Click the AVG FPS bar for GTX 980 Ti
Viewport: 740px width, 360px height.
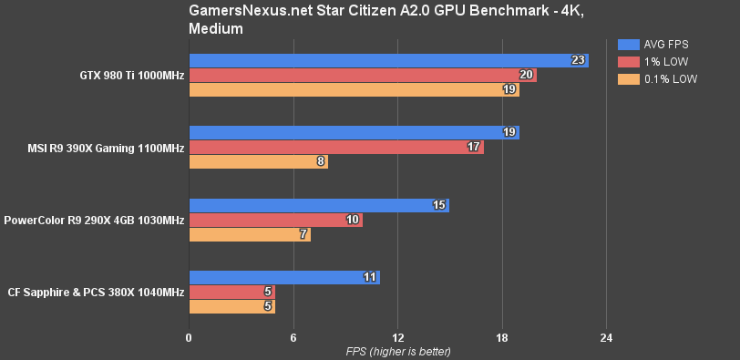[x=388, y=60]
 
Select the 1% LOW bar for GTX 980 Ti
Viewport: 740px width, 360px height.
[x=362, y=75]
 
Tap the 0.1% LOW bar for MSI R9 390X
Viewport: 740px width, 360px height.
[x=258, y=162]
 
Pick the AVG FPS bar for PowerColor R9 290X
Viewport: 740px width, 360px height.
[x=319, y=205]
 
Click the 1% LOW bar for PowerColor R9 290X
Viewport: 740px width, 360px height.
[x=275, y=220]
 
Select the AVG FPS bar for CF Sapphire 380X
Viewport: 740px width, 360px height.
[x=284, y=277]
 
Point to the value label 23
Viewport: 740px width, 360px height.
[x=578, y=60]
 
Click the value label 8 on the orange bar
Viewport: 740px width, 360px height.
[x=321, y=162]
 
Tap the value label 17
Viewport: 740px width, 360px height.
[x=474, y=148]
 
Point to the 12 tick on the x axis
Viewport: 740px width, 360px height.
[x=397, y=338]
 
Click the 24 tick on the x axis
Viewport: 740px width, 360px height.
[x=606, y=338]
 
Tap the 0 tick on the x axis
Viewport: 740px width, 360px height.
[x=189, y=338]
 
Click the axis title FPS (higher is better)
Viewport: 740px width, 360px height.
[x=397, y=352]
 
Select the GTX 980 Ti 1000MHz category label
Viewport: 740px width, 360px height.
[x=131, y=75]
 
